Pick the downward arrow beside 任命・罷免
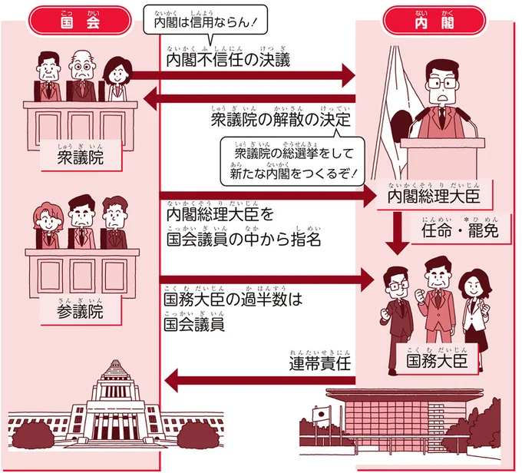tap(398, 234)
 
